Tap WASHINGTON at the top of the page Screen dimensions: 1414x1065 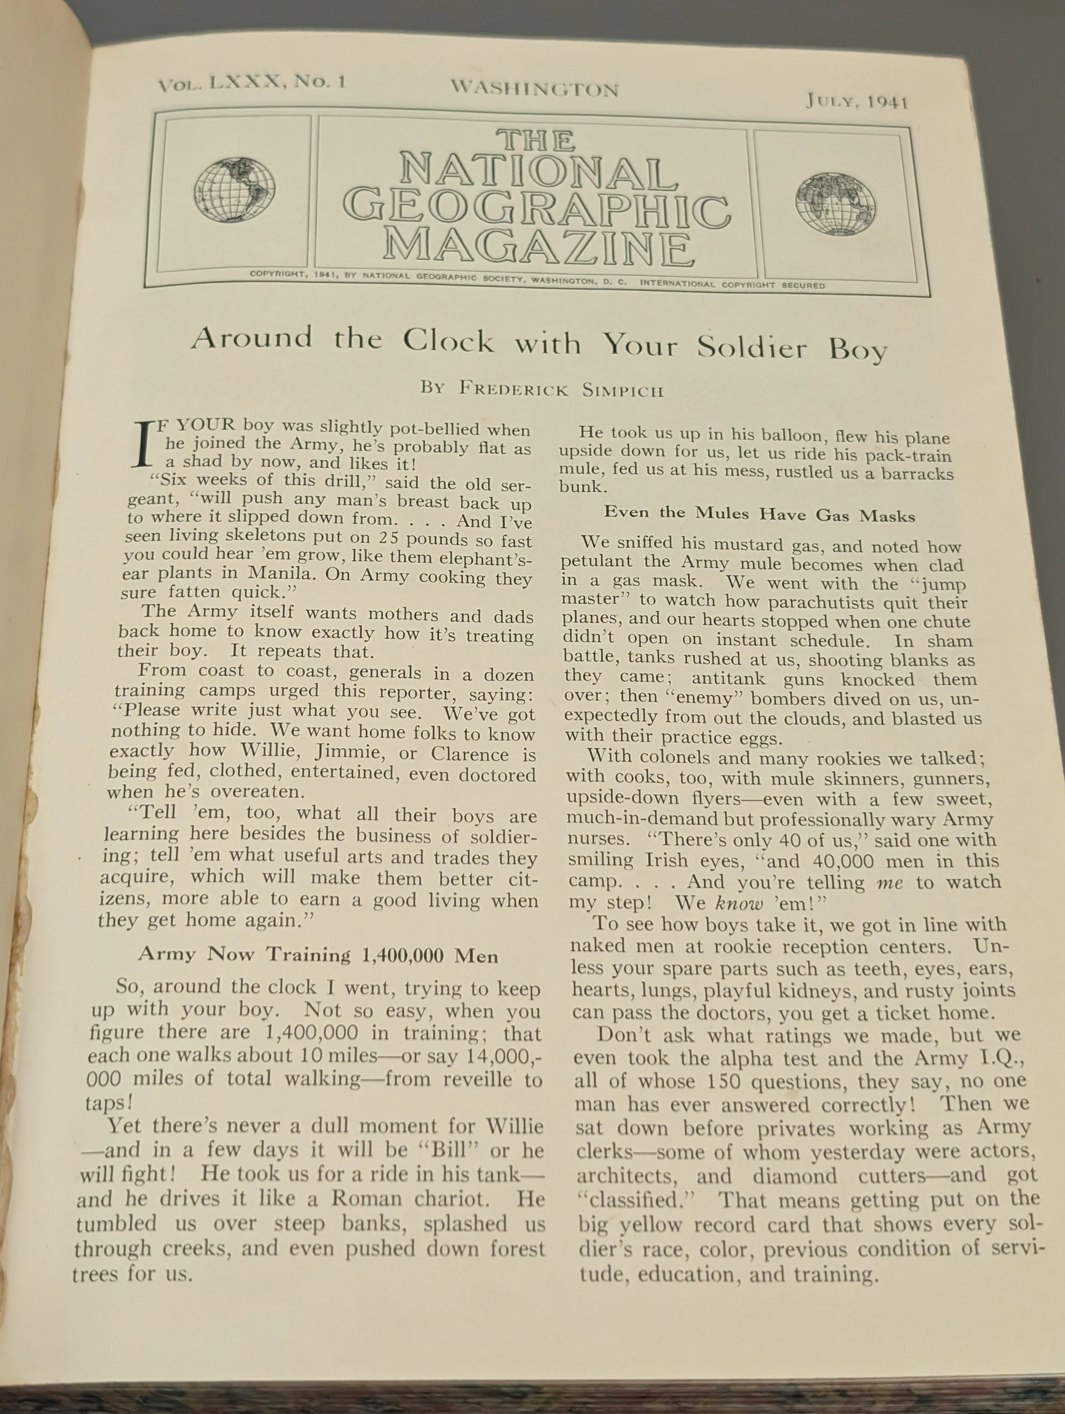click(535, 88)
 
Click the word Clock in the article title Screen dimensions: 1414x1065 click(448, 341)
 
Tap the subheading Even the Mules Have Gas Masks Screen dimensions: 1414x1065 click(760, 514)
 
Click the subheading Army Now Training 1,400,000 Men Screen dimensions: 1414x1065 click(318, 955)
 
